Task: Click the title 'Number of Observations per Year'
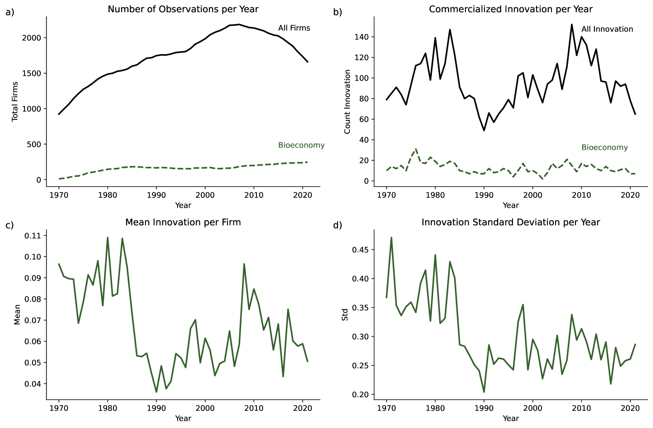coord(183,9)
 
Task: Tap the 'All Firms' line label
coord(294,28)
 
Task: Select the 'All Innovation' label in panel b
coord(607,29)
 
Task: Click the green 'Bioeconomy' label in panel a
coord(301,145)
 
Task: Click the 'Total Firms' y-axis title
coord(15,101)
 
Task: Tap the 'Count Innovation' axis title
coord(348,101)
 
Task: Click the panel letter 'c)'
coord(10,225)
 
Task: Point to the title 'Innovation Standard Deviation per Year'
coord(510,222)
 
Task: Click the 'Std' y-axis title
coord(345,314)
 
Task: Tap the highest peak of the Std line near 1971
coord(391,238)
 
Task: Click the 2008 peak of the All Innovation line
coord(571,24)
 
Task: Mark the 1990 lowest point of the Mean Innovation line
coord(156,392)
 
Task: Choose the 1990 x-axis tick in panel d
coord(484,408)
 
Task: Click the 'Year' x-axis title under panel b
coord(510,205)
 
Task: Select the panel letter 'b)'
coord(338,12)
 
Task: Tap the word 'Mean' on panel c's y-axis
coord(17,314)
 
